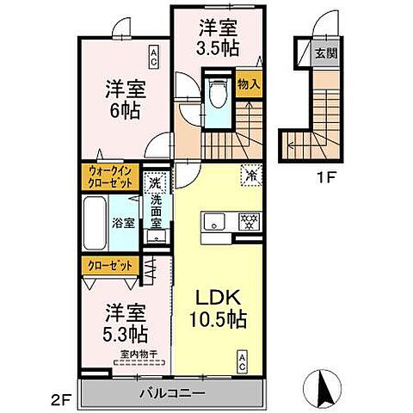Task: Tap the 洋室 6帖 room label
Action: point(125,99)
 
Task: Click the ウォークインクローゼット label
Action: point(110,177)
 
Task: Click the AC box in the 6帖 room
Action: point(152,58)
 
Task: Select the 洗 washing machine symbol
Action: point(154,182)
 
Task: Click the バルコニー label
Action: point(172,392)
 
